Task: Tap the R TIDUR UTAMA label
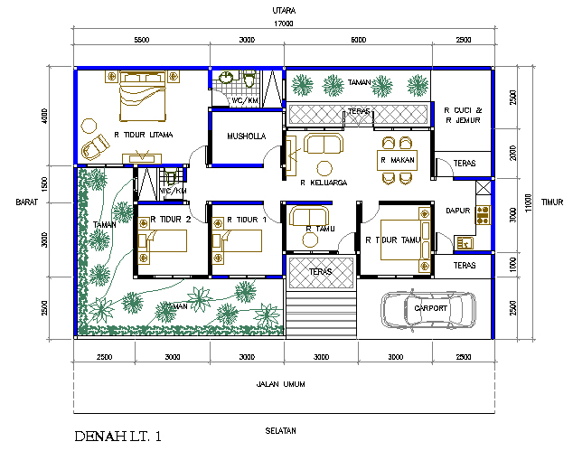pos(143,135)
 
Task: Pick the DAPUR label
pos(459,211)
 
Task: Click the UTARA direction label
pos(286,11)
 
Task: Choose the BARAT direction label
pos(25,202)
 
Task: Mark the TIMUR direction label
pos(551,202)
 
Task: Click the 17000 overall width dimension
pos(286,25)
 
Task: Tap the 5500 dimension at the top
pos(141,41)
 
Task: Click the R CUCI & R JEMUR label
pos(464,114)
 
